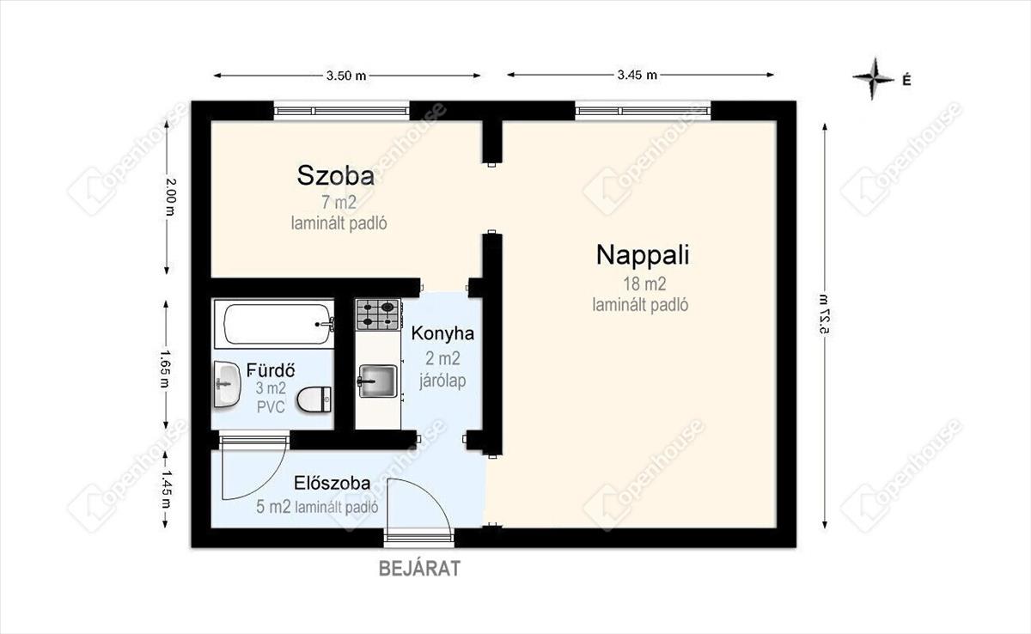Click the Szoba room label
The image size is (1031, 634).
(336, 175)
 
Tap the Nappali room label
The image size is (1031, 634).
(643, 255)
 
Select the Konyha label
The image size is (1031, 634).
(442, 333)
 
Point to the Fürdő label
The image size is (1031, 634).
(271, 369)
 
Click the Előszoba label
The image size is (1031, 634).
(332, 483)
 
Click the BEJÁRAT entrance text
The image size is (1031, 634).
(419, 569)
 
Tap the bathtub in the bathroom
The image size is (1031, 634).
(274, 324)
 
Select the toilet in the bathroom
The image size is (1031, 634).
(314, 400)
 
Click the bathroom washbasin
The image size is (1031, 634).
(227, 384)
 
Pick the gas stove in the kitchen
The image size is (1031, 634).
(378, 314)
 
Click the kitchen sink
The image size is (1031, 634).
(377, 381)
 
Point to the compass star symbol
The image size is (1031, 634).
(873, 85)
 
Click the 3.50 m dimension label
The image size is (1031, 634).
(346, 76)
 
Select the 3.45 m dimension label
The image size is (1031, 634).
(637, 75)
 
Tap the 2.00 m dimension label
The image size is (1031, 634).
(170, 197)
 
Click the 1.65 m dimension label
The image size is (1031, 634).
(166, 369)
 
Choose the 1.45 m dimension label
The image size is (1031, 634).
(166, 489)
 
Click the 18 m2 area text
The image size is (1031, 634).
(644, 283)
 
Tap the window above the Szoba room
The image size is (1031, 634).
(342, 111)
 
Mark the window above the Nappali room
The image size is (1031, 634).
(643, 111)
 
